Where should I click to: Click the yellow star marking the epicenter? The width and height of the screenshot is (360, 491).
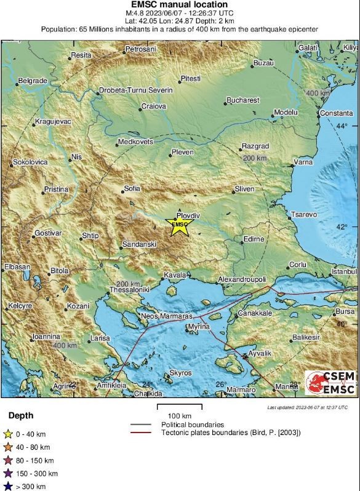[180, 226]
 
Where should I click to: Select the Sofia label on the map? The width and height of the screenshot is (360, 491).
[132, 188]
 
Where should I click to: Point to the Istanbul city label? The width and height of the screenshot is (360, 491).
[343, 271]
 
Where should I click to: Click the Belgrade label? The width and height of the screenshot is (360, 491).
[33, 81]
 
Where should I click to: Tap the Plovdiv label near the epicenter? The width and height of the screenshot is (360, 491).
[188, 215]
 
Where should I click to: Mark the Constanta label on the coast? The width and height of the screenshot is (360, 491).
[336, 113]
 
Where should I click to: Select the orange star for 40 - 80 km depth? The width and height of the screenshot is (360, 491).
[9, 447]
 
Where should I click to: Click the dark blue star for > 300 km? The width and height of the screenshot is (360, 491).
[9, 486]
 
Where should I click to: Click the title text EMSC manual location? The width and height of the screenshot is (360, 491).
[180, 5]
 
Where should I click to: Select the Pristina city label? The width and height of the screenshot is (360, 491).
[55, 189]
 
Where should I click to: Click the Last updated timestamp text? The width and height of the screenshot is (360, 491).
[307, 407]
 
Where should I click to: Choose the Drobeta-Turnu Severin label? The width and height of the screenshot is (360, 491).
[136, 90]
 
